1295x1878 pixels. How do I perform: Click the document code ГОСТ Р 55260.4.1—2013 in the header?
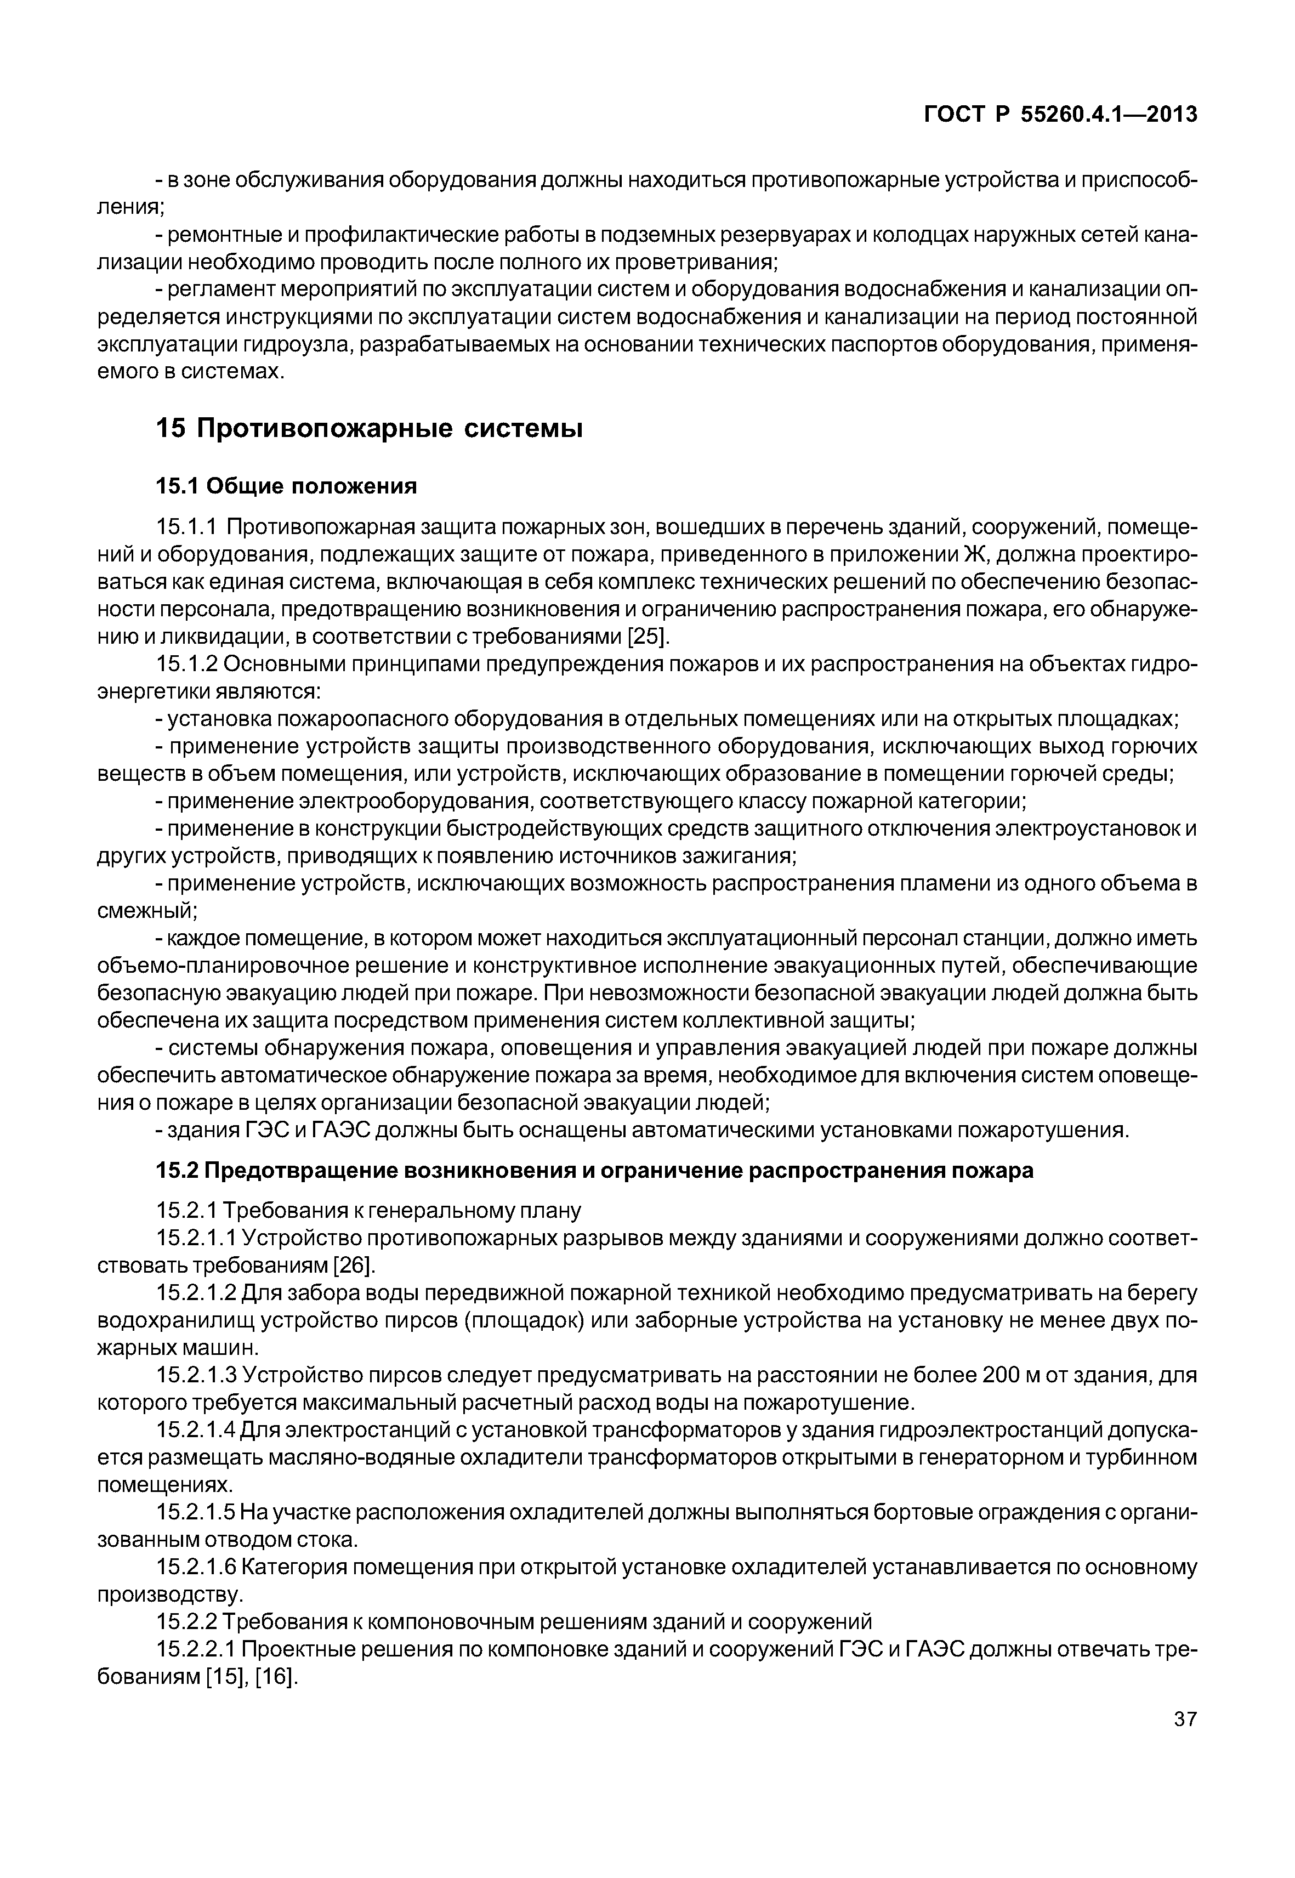(x=1060, y=115)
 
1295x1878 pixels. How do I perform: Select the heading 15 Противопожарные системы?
(x=369, y=428)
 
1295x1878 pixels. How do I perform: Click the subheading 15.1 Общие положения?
(x=286, y=486)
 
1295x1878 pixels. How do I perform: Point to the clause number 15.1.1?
(x=186, y=527)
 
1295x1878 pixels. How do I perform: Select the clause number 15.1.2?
(x=186, y=664)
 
